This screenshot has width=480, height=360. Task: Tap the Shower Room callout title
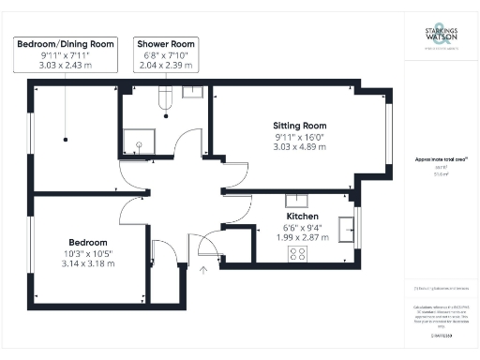click(165, 44)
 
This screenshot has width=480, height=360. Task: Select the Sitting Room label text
click(299, 126)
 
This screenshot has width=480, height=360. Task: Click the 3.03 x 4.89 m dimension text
click(299, 147)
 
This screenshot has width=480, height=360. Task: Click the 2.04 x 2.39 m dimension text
click(165, 67)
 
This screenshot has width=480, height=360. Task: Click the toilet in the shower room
click(165, 97)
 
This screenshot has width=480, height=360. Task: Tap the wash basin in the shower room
click(193, 91)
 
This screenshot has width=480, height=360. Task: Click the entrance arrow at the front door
click(204, 271)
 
